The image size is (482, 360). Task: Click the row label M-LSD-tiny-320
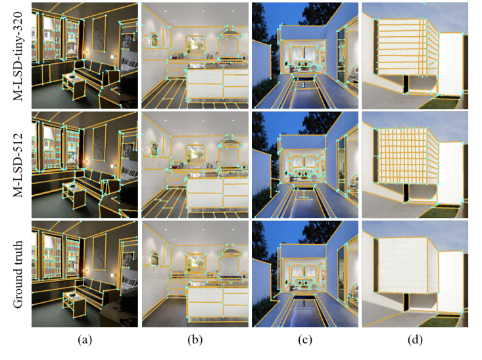coord(18,56)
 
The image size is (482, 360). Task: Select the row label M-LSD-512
coord(18,165)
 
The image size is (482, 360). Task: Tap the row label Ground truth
coord(18,274)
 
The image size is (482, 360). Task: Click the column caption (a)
coord(85,340)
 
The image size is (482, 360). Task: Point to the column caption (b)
coord(195,340)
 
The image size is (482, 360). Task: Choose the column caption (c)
coord(305,340)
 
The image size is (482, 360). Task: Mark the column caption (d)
coord(415,340)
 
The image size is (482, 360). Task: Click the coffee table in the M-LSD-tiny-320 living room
coord(74,86)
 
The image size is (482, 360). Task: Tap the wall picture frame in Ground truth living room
coord(99,251)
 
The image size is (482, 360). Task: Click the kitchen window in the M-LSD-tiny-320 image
coord(195,45)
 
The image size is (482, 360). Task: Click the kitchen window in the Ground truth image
coord(195,263)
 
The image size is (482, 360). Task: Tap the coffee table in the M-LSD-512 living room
coord(74,195)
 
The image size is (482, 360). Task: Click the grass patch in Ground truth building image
coord(439,321)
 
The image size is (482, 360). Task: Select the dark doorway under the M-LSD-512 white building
coord(406,193)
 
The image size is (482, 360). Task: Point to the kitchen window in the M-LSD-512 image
coord(195,154)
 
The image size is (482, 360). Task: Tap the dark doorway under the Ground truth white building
coord(406,302)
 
